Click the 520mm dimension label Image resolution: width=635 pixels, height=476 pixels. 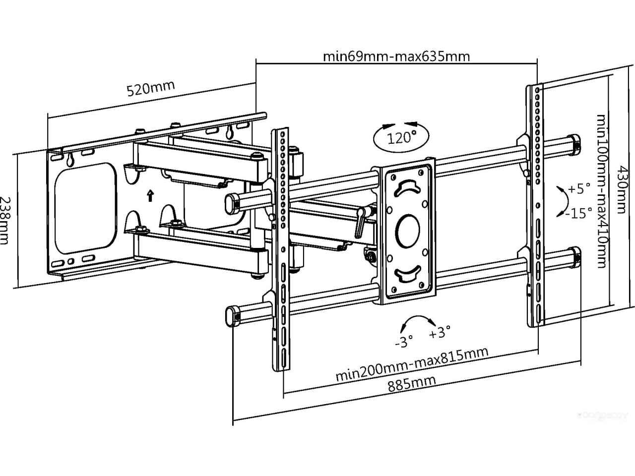click(x=151, y=88)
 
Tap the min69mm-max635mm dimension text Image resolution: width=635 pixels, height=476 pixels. click(x=396, y=56)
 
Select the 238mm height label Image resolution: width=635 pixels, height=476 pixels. click(x=5, y=220)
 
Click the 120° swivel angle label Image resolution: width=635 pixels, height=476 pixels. click(x=401, y=137)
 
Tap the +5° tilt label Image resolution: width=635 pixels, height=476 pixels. click(x=579, y=189)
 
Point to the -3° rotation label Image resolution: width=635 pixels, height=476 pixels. click(x=404, y=342)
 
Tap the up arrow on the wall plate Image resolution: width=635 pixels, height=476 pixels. click(x=150, y=195)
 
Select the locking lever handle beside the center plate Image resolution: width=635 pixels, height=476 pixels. click(x=360, y=224)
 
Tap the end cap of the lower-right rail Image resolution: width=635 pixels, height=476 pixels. click(x=575, y=256)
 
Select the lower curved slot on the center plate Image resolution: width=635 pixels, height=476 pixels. click(x=408, y=274)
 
